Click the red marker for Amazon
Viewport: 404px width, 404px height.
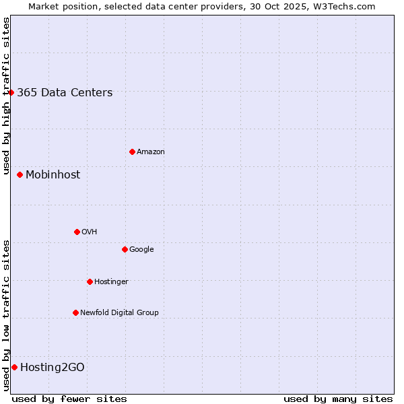click(x=132, y=151)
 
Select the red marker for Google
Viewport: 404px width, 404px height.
click(x=125, y=249)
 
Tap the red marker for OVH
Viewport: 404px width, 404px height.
click(x=77, y=232)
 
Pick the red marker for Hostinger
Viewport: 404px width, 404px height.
click(x=90, y=281)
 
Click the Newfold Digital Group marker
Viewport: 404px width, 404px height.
click(x=75, y=312)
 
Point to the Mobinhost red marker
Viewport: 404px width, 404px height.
click(x=20, y=174)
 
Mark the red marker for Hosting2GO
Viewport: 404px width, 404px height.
click(x=14, y=367)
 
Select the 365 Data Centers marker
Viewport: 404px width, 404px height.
click(x=11, y=92)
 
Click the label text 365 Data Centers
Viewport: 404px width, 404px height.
click(x=65, y=93)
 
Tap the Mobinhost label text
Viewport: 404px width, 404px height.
click(x=53, y=175)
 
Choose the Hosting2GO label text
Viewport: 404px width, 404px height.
click(x=53, y=368)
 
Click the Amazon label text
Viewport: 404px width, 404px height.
click(x=151, y=152)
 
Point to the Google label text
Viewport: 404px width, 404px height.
click(x=141, y=250)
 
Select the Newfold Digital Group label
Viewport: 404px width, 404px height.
click(x=119, y=313)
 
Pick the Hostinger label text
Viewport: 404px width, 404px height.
click(x=111, y=282)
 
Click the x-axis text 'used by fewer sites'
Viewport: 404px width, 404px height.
click(x=69, y=399)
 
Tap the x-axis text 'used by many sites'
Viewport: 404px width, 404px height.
click(x=338, y=399)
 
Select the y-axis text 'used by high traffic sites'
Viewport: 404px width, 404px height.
click(x=7, y=96)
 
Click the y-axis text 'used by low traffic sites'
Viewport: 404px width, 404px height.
click(x=7, y=315)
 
